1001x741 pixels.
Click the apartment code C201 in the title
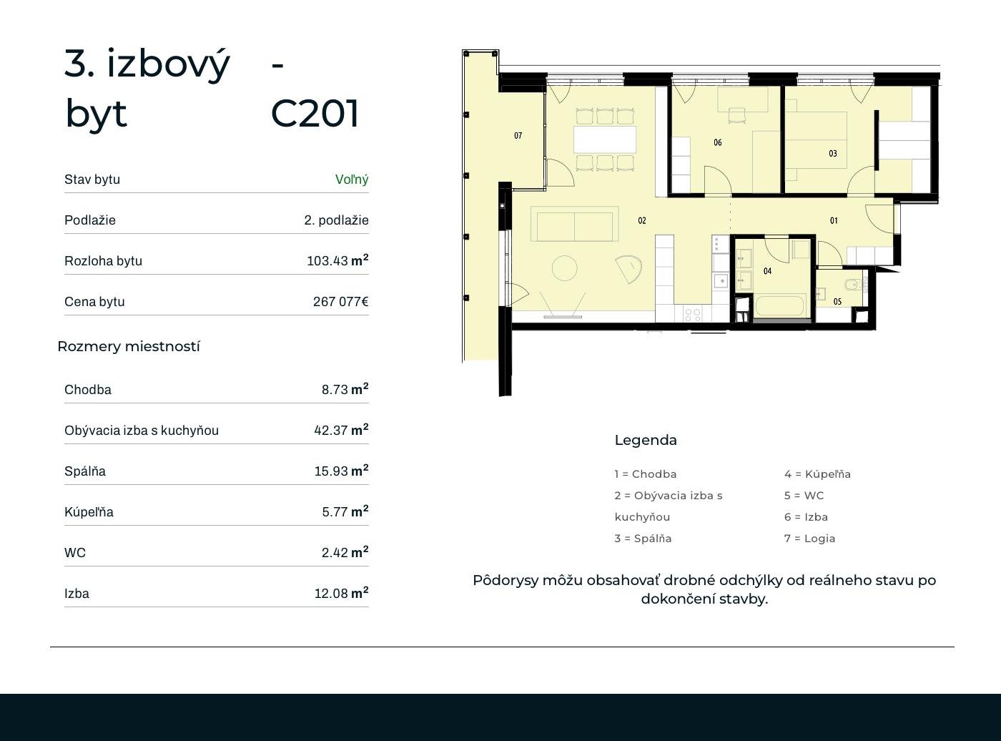(315, 113)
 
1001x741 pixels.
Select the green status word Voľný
(352, 180)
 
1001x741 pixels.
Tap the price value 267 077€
(341, 301)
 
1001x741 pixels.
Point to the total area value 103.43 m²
(337, 260)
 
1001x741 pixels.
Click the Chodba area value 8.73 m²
(345, 389)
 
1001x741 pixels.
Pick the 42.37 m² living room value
(341, 429)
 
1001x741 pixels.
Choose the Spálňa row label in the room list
(85, 471)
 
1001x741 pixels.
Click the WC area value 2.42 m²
(345, 551)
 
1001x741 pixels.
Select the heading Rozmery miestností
(129, 346)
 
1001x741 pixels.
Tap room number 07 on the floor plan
(518, 135)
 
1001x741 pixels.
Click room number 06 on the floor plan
(718, 142)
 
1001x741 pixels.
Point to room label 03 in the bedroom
(833, 154)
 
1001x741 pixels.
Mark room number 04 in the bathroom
(767, 271)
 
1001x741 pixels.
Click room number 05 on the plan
(837, 302)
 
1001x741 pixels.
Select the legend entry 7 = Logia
(809, 539)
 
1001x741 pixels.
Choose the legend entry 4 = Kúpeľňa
(817, 473)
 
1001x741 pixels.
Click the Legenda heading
(646, 441)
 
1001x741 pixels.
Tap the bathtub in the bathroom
(779, 305)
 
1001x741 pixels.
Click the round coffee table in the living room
(564, 268)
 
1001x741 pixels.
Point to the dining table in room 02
(605, 140)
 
